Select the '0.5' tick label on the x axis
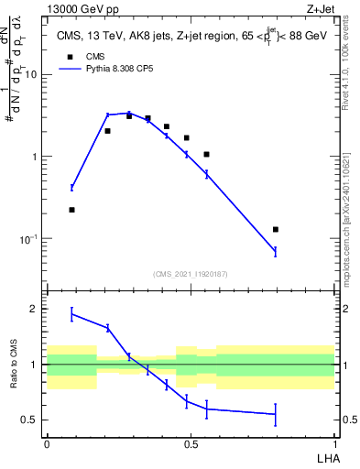point(191,443)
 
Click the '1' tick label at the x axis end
point(334,443)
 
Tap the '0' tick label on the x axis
point(47,443)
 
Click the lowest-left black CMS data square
point(71,210)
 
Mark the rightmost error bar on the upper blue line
point(275,251)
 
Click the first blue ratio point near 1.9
point(71,314)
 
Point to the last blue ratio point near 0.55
point(275,414)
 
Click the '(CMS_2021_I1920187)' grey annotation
point(190,274)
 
